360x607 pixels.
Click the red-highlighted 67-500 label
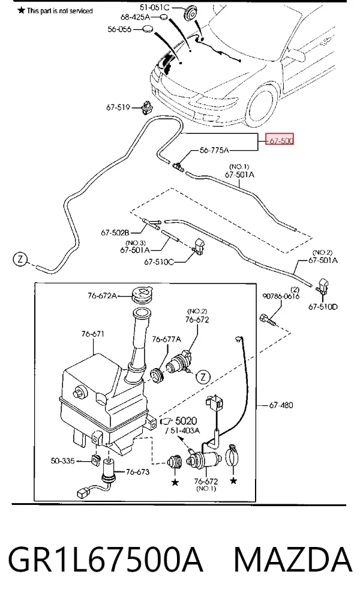(279, 140)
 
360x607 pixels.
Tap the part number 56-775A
(214, 150)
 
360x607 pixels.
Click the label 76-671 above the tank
(93, 334)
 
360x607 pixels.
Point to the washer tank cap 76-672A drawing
(142, 295)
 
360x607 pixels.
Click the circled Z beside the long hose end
(20, 259)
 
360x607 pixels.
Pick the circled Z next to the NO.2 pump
(203, 376)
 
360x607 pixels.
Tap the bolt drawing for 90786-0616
(268, 320)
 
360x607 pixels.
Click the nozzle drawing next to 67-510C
(199, 247)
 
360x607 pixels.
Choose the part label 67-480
(281, 405)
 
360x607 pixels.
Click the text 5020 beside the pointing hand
(186, 421)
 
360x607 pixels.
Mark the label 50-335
(62, 461)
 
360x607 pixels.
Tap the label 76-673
(137, 472)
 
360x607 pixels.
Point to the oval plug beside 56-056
(148, 29)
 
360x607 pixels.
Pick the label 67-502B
(115, 233)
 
